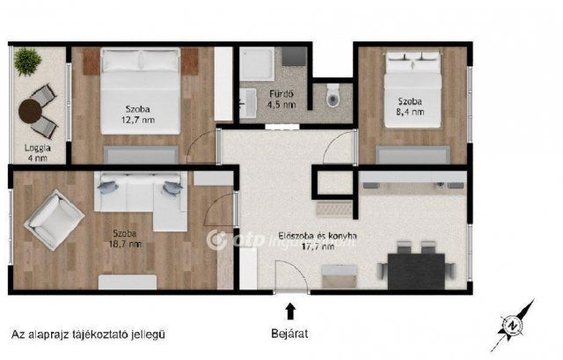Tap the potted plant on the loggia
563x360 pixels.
(28, 61)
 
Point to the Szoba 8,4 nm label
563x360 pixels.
(410, 107)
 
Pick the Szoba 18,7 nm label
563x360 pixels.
(126, 239)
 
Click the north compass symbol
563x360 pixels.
(514, 323)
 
